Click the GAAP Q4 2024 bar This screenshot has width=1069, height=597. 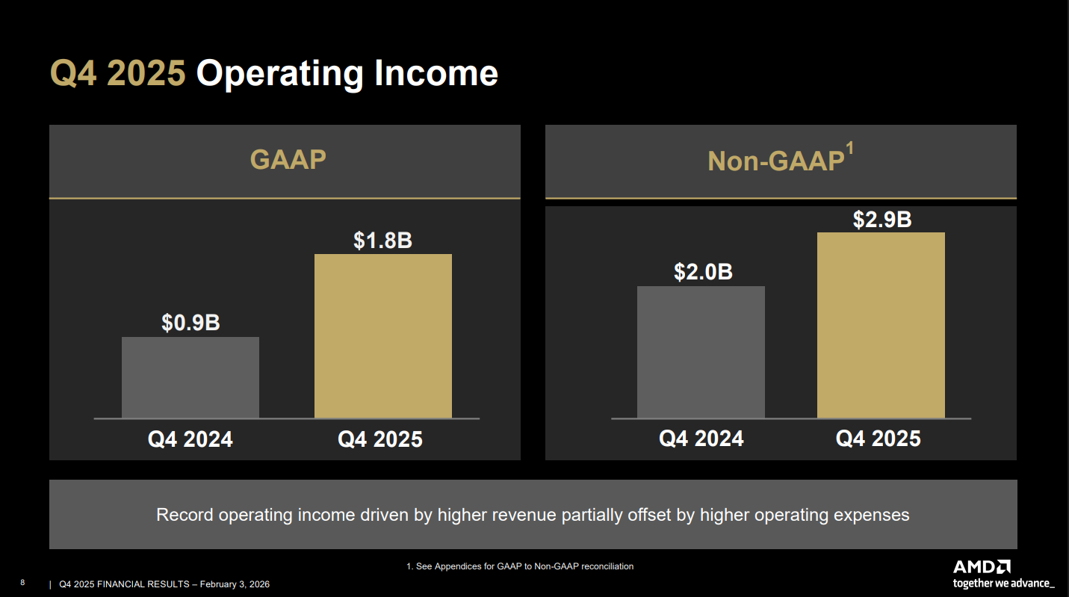[x=190, y=377]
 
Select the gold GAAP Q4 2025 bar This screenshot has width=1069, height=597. [x=382, y=336]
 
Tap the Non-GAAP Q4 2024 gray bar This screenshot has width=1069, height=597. [x=701, y=352]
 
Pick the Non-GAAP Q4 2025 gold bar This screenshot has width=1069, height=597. [x=881, y=325]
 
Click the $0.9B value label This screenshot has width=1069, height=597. [x=190, y=323]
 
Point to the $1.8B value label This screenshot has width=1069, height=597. [x=382, y=241]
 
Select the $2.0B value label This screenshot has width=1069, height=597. [x=703, y=272]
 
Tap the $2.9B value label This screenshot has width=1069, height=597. [x=882, y=220]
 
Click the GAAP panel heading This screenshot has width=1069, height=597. [x=288, y=160]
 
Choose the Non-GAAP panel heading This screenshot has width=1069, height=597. [x=775, y=161]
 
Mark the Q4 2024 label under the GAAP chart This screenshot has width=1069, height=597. [x=190, y=439]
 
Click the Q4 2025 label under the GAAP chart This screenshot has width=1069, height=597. [x=380, y=439]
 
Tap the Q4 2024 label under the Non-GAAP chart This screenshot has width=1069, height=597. [x=701, y=439]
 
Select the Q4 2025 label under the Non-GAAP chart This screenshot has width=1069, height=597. [x=878, y=439]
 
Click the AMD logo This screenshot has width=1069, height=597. [x=982, y=567]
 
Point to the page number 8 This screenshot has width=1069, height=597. [x=22, y=583]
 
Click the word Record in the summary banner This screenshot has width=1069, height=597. [x=185, y=515]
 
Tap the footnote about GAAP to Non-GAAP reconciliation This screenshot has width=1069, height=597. [x=519, y=566]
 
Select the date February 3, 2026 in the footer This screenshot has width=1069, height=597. [x=235, y=584]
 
